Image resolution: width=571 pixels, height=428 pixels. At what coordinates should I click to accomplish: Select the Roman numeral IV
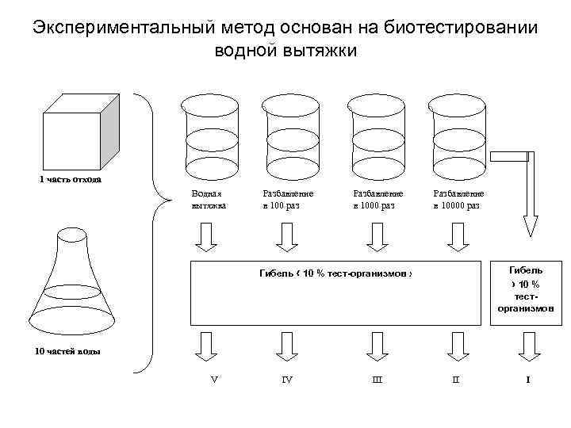pos(287,380)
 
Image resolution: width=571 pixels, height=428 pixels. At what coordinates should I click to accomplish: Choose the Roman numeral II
pos(455,380)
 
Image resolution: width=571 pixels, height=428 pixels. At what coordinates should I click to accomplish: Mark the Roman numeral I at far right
pos(528,380)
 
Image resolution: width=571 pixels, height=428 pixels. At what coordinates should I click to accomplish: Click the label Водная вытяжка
pos(209,199)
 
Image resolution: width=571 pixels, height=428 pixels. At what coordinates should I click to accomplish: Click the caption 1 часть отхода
pos(71,178)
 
